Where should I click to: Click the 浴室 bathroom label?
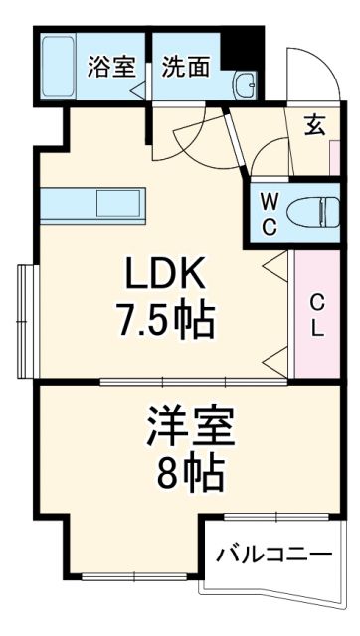[110, 67]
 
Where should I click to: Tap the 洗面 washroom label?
[186, 67]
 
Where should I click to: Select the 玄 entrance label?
[314, 125]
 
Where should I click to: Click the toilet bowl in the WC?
[307, 211]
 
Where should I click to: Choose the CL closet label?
[316, 314]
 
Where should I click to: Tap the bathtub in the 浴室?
[63, 67]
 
